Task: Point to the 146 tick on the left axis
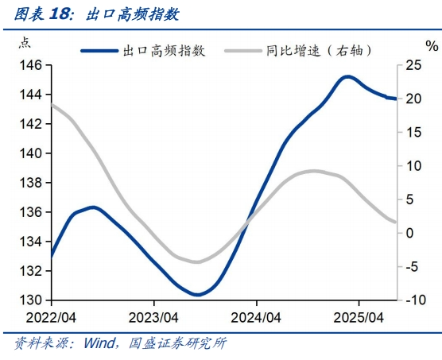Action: coord(30,65)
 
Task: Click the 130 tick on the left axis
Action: coord(30,300)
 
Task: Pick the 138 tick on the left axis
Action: coord(30,183)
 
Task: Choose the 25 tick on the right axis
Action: coord(413,65)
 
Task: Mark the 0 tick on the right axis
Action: coord(410,233)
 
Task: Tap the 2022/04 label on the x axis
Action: coord(52,315)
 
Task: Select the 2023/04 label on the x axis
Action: coord(154,315)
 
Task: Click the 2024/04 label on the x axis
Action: coord(256,315)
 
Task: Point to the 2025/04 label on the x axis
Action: coord(359,315)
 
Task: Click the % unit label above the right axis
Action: coord(431,46)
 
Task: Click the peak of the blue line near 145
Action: coord(347,76)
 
